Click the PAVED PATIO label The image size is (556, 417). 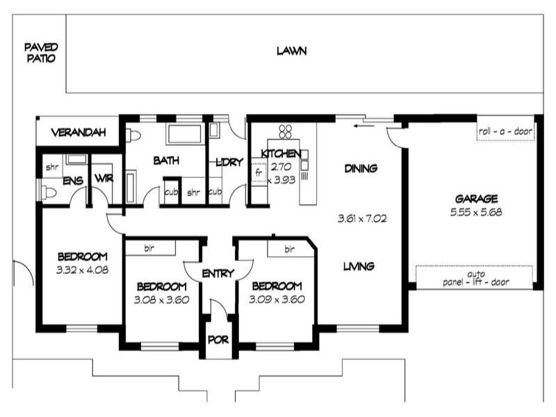41,53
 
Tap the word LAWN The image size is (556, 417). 291,51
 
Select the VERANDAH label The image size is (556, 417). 78,132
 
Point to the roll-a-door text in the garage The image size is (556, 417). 505,132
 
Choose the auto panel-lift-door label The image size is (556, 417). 476,278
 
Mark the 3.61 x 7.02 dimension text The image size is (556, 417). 361,218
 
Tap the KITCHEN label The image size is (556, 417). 281,154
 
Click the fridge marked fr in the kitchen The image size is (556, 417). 259,171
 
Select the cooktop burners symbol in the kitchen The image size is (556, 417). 285,131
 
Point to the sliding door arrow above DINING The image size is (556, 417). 361,126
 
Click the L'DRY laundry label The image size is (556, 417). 229,162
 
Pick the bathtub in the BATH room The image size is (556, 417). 184,133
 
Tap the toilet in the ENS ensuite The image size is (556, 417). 48,193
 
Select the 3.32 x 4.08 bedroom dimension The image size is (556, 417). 82,269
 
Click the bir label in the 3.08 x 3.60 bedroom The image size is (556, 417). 149,247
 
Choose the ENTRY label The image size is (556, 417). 218,274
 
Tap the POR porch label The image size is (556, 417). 218,341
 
